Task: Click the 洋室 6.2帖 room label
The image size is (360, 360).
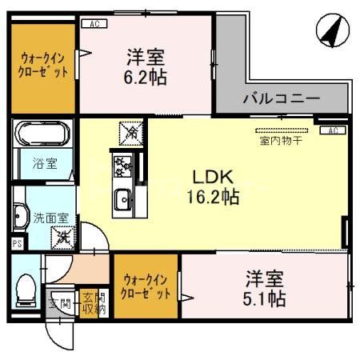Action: click(x=146, y=67)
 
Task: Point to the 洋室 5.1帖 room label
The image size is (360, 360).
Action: click(x=265, y=290)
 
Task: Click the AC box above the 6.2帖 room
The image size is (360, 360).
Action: click(x=94, y=25)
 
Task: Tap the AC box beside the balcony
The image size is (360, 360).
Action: click(x=332, y=130)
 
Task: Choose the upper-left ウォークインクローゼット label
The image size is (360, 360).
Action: click(x=45, y=65)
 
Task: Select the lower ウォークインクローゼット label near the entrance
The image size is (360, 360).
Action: click(x=147, y=287)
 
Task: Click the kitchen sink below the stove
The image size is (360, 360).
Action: click(x=124, y=200)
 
